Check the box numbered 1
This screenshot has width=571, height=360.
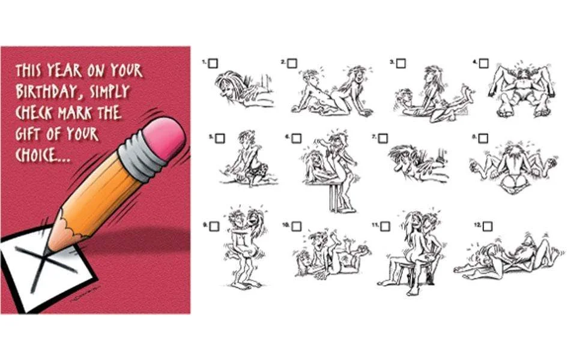coord(213,64)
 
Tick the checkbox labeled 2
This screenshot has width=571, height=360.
coord(292,64)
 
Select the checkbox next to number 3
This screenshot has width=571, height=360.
coord(401,64)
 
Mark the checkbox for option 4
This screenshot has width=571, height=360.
coord(483,64)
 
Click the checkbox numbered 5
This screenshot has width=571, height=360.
coord(220,139)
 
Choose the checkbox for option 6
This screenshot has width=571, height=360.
coord(297,139)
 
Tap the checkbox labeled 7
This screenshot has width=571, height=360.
coord(382,139)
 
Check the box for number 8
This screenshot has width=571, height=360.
coord(483,139)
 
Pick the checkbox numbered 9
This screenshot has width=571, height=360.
coord(214,226)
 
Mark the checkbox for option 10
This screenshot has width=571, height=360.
coord(297,226)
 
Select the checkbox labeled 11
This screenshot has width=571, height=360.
coord(385,226)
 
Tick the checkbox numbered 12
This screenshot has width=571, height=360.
coord(488,226)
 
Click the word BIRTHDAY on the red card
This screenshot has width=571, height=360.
coord(47,91)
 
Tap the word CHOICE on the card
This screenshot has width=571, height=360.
coord(38,155)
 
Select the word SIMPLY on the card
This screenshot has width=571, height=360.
coord(109,91)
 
